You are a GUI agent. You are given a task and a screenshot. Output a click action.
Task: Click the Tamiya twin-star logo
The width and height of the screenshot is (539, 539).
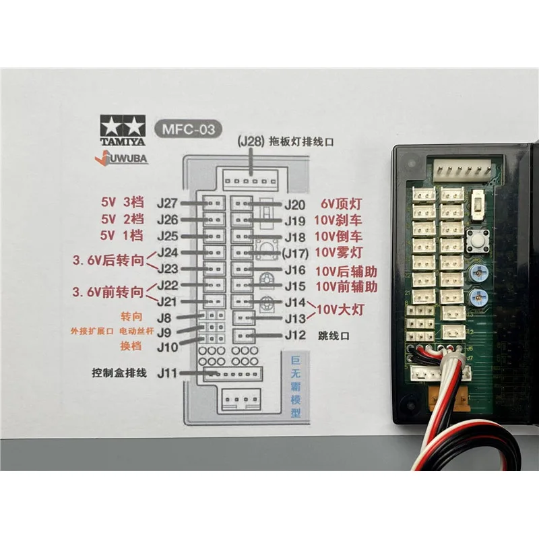tap(122, 125)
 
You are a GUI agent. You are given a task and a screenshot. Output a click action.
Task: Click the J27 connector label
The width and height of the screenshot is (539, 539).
tap(167, 201)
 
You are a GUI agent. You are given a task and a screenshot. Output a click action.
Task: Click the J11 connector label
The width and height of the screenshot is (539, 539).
tap(166, 373)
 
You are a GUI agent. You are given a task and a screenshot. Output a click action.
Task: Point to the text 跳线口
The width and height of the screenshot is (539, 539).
tap(334, 335)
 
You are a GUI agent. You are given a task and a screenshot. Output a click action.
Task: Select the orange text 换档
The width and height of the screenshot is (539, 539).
tap(131, 346)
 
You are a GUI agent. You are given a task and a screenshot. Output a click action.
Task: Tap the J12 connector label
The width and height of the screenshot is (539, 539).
tap(295, 335)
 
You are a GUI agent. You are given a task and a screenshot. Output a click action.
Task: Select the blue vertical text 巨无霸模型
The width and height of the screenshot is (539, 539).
tap(295, 387)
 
